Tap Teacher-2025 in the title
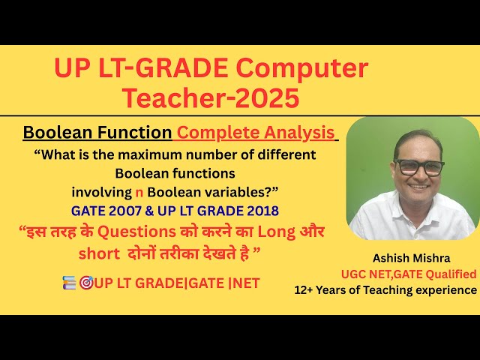coord(211,97)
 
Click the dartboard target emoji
coord(85,284)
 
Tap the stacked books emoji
coord(69,284)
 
